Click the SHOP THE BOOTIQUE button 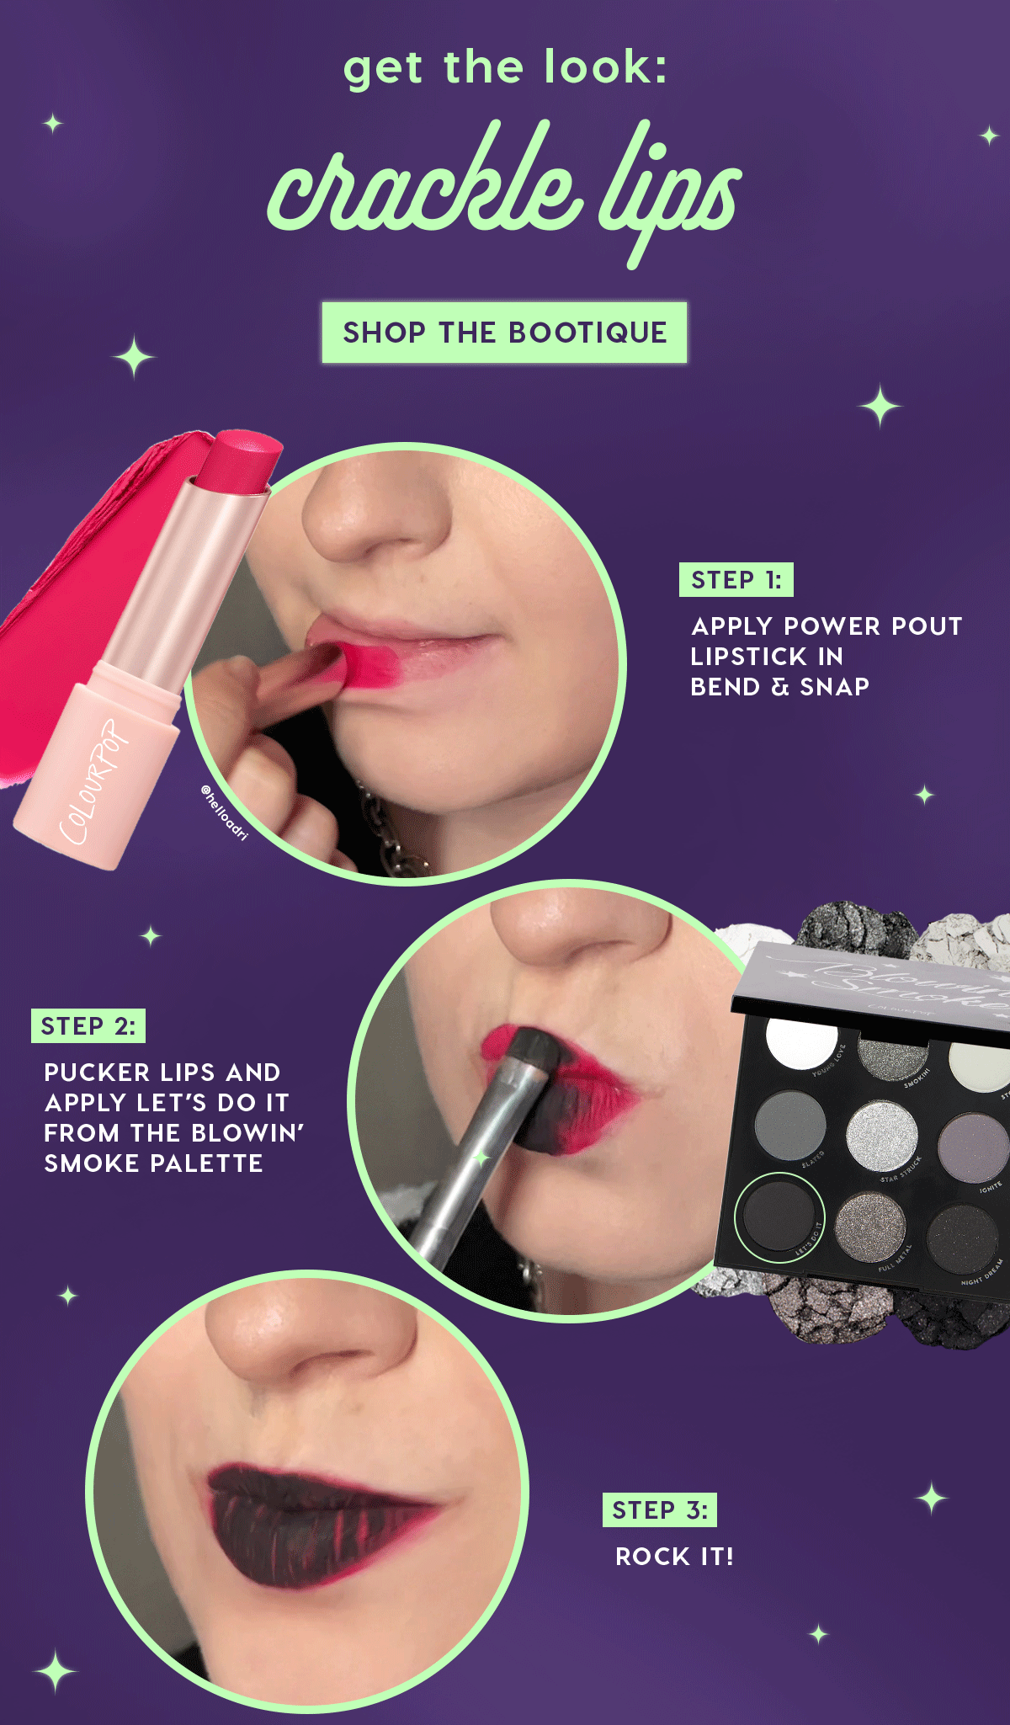click(x=504, y=333)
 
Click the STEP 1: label click(x=736, y=580)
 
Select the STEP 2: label click(x=88, y=1026)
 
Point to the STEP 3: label click(x=659, y=1509)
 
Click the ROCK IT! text click(x=674, y=1557)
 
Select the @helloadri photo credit click(x=225, y=812)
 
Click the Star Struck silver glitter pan click(x=881, y=1137)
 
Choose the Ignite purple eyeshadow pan click(x=974, y=1147)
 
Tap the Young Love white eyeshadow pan click(x=801, y=1044)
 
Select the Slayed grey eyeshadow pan click(x=789, y=1126)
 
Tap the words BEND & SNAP click(x=779, y=687)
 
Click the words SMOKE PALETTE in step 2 click(x=153, y=1163)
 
